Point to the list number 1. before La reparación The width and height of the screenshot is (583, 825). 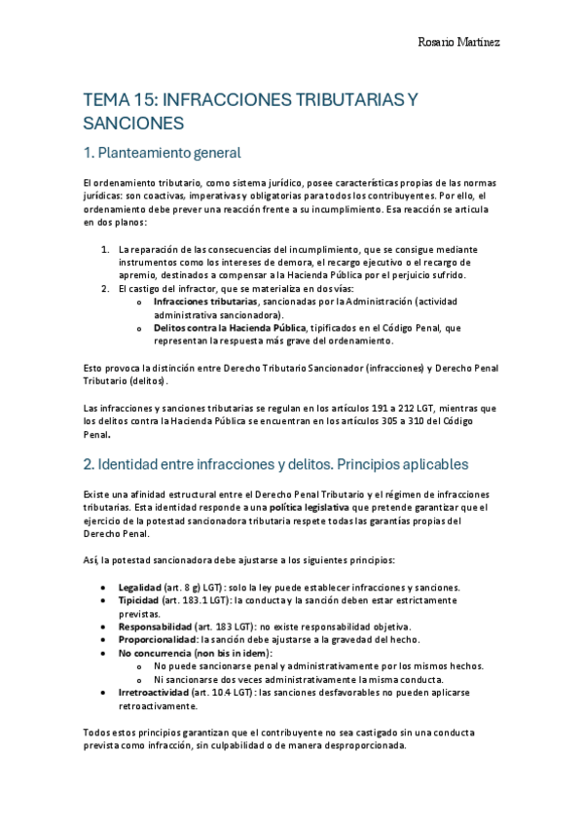click(106, 249)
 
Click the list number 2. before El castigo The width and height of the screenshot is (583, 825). click(106, 289)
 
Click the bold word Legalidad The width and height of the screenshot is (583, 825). click(140, 588)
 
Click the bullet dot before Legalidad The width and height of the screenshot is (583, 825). click(105, 589)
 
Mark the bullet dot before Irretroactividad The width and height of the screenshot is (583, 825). click(105, 692)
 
